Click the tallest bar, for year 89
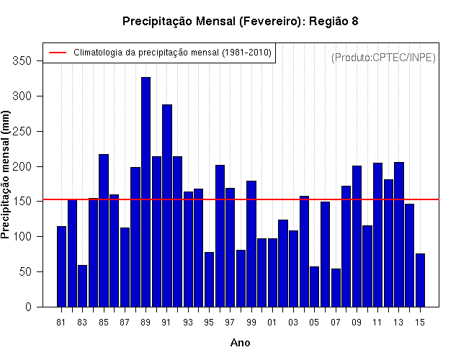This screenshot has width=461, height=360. click(x=146, y=192)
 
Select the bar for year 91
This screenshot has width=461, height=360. click(x=167, y=206)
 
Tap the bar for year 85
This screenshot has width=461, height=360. click(x=104, y=230)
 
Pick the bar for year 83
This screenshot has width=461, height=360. click(x=83, y=287)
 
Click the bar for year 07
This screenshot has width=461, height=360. click(x=336, y=288)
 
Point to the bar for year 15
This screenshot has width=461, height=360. click(x=420, y=280)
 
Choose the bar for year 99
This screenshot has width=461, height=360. click(x=251, y=244)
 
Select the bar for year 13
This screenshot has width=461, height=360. click(x=399, y=235)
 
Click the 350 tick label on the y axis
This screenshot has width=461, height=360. click(x=22, y=60)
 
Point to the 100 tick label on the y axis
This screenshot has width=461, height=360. click(x=22, y=237)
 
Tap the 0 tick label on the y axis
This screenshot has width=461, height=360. click(x=28, y=307)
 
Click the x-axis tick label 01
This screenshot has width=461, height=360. click(x=272, y=323)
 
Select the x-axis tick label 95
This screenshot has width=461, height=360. click(x=209, y=323)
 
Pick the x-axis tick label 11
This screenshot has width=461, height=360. click(x=377, y=323)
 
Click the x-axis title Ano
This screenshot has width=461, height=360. click(x=240, y=343)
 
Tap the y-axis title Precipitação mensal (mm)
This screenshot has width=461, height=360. click(x=5, y=175)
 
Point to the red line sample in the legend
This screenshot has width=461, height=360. click(x=58, y=53)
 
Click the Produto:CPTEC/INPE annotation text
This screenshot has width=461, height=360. click(x=383, y=58)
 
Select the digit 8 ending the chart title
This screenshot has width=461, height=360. click(x=354, y=21)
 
